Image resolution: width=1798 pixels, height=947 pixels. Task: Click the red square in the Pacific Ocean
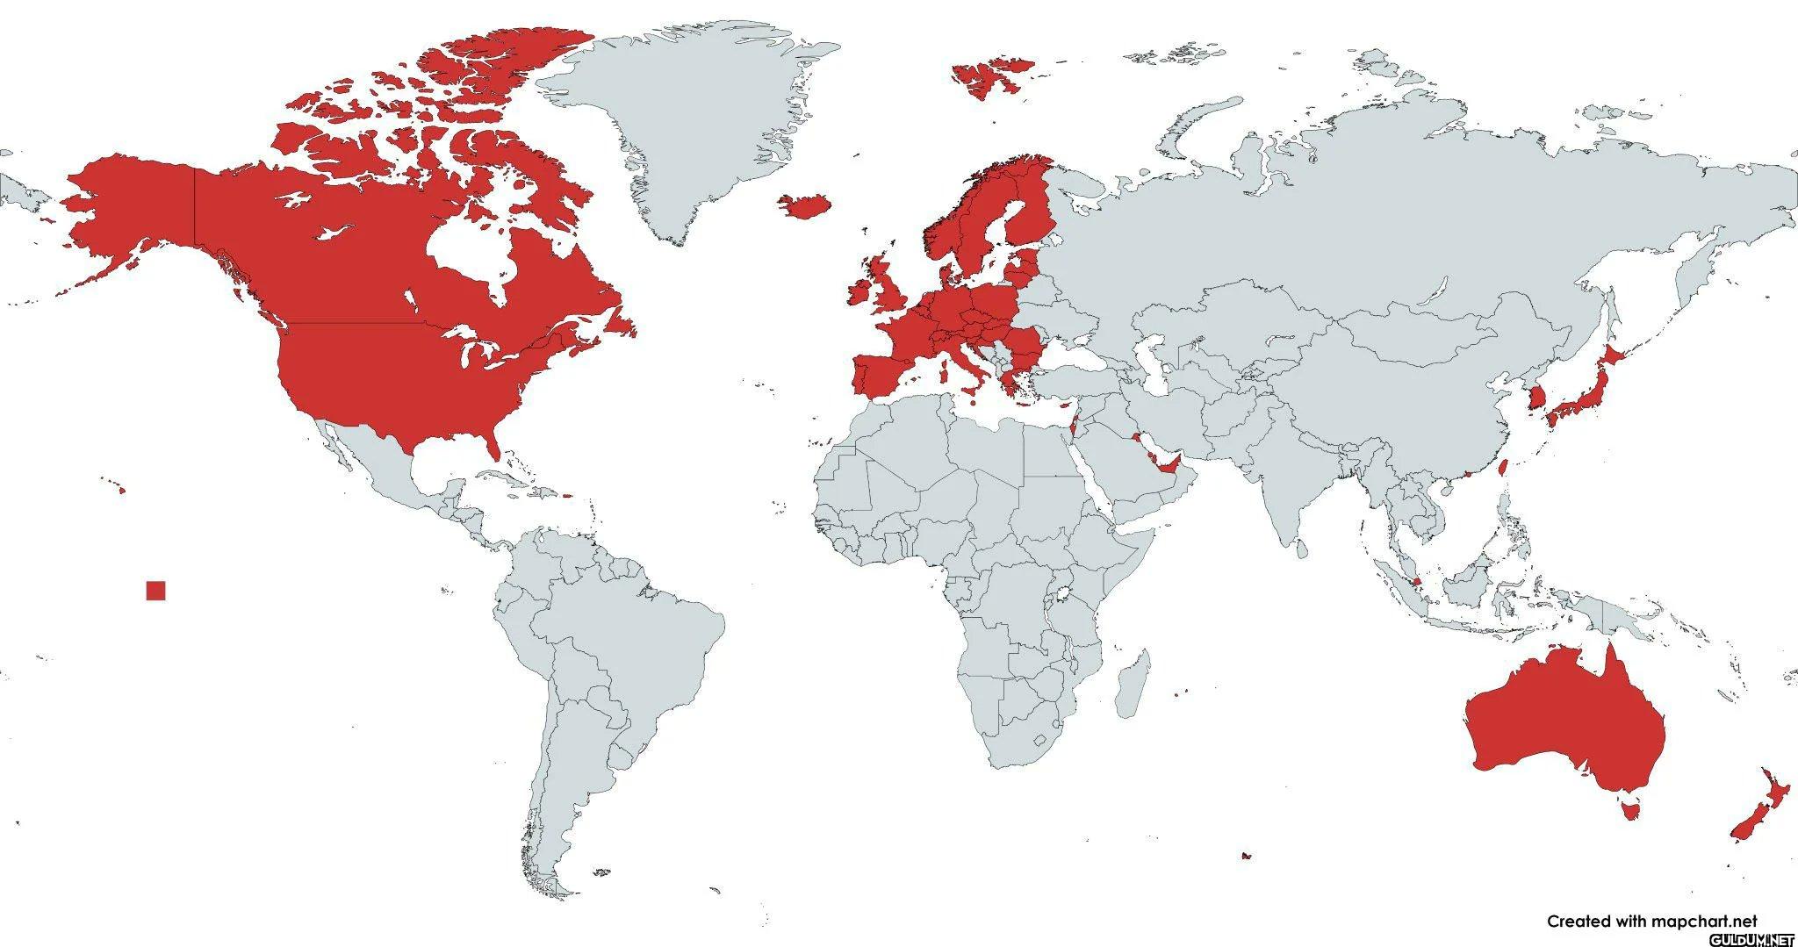pos(155,591)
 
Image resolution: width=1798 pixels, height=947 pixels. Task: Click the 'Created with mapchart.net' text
pos(1652,921)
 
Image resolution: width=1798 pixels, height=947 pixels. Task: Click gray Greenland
pos(694,123)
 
